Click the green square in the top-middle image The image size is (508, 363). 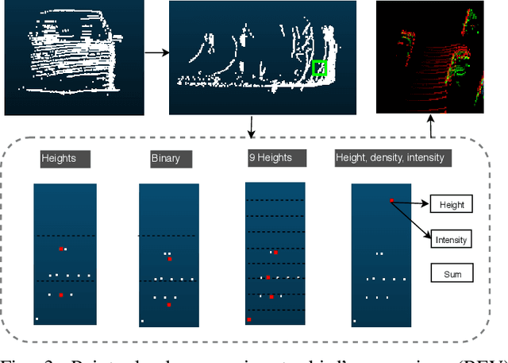[x=319, y=68]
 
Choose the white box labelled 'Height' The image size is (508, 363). [x=451, y=205]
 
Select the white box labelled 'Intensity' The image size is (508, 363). [x=451, y=239]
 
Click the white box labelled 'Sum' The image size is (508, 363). [x=451, y=275]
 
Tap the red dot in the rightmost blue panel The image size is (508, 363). [x=391, y=200]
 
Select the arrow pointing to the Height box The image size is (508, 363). [x=411, y=203]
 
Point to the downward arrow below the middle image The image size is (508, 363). [x=252, y=125]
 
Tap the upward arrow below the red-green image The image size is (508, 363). [x=430, y=127]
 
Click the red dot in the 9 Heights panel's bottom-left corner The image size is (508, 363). [x=249, y=319]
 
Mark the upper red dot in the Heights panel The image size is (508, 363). [x=60, y=249]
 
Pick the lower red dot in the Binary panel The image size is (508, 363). [x=167, y=305]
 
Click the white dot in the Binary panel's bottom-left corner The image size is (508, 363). [x=143, y=321]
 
